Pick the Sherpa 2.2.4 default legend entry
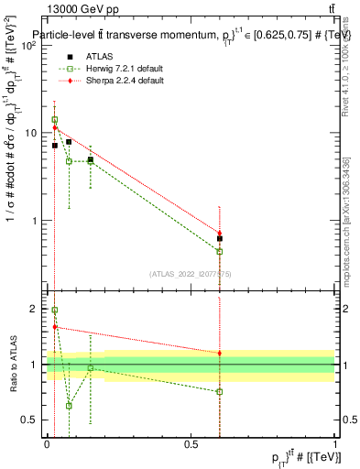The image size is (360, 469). point(118,81)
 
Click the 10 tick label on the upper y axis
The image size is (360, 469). point(31,133)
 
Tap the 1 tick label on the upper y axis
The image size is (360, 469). point(35,221)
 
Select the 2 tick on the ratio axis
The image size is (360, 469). point(35,309)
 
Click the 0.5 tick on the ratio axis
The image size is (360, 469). point(31,420)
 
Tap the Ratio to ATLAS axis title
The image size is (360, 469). point(13,365)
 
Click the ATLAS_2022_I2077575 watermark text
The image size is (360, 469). point(190,273)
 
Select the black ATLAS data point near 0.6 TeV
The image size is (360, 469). point(220,238)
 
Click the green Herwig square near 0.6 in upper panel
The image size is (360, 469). point(220,251)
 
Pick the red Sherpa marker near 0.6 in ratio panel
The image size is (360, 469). point(220,353)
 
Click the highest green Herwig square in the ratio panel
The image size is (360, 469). point(55,311)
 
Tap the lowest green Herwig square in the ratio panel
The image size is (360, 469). point(69,405)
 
